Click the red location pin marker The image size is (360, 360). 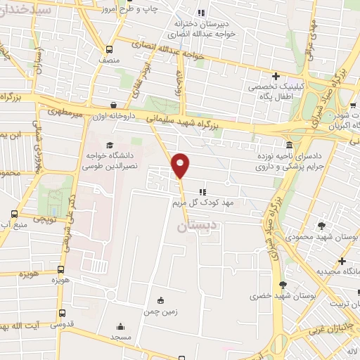(x=181, y=165)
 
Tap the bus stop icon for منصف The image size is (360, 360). (x=109, y=49)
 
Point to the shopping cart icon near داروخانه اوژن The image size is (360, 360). (x=154, y=109)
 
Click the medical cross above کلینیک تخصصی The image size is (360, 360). (x=276, y=76)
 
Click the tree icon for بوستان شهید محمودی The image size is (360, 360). (x=322, y=226)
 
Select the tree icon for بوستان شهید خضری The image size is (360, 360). (x=283, y=285)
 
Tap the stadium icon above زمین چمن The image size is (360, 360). (x=161, y=300)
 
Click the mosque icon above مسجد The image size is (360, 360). (x=120, y=326)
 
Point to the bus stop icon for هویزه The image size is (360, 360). (x=62, y=269)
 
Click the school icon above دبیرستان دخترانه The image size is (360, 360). (x=202, y=12)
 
